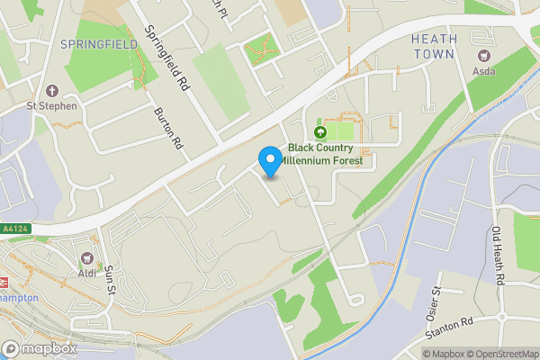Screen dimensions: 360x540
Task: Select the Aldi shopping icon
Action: pyautogui.click(x=88, y=258)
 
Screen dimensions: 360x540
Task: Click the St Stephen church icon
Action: pyautogui.click(x=51, y=91)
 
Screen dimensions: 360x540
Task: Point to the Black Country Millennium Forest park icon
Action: pyautogui.click(x=319, y=132)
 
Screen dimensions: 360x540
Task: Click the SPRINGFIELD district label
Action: pyautogui.click(x=98, y=43)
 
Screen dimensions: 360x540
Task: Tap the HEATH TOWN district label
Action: pyautogui.click(x=434, y=47)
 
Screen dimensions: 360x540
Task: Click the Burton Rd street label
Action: pyautogui.click(x=168, y=129)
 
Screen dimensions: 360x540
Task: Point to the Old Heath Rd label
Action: pyautogui.click(x=498, y=255)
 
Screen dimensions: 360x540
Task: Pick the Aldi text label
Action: pyautogui.click(x=88, y=273)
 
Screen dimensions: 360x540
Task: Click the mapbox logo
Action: pyautogui.click(x=40, y=348)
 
